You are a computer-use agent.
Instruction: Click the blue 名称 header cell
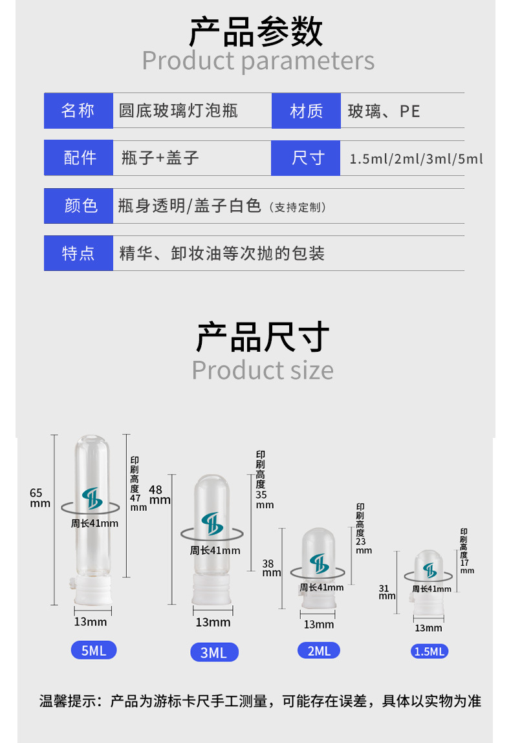point(78,111)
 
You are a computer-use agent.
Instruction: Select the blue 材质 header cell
point(306,111)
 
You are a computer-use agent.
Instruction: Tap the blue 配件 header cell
point(78,158)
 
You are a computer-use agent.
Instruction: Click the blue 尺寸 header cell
point(306,158)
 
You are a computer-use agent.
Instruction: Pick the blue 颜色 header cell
point(78,206)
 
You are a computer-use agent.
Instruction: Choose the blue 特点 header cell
point(78,253)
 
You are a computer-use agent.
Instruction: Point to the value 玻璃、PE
point(384,111)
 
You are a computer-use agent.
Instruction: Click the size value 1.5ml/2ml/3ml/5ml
point(416,158)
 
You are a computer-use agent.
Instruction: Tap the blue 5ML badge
point(94,650)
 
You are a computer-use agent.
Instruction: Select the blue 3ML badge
point(214,652)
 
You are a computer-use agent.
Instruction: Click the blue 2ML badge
point(319,651)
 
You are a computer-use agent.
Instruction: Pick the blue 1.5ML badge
point(429,651)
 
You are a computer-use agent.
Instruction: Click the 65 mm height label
point(39,498)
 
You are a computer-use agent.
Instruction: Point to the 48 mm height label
point(158,495)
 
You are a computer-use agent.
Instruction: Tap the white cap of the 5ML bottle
point(91,592)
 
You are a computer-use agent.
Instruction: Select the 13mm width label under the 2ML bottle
point(319,624)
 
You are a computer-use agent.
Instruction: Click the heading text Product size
point(263,371)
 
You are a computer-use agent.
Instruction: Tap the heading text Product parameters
point(258,61)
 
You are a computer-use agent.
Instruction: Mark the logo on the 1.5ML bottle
point(429,570)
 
